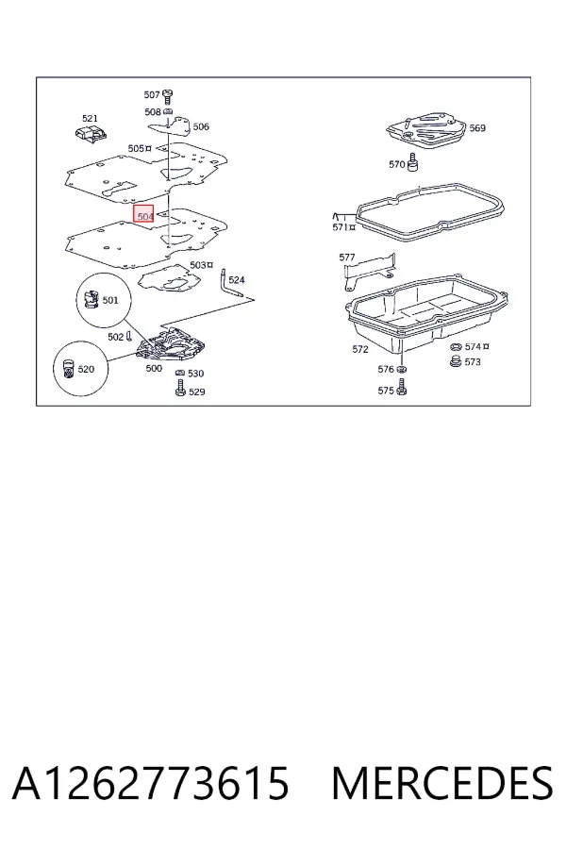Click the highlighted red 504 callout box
click(x=144, y=214)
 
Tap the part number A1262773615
click(x=151, y=783)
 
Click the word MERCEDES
click(x=442, y=783)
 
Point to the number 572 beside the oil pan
click(x=360, y=349)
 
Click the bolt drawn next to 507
click(x=167, y=96)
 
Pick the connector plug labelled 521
click(x=90, y=133)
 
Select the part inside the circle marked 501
click(x=91, y=299)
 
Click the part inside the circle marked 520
click(x=68, y=368)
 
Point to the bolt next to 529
click(x=180, y=388)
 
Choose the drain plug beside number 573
click(x=456, y=361)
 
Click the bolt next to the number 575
click(x=401, y=387)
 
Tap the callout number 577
click(x=346, y=258)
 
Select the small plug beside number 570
click(x=415, y=162)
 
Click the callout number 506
click(x=201, y=126)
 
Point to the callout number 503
click(x=198, y=265)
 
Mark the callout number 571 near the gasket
click(x=341, y=227)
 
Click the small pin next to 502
click(x=129, y=337)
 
